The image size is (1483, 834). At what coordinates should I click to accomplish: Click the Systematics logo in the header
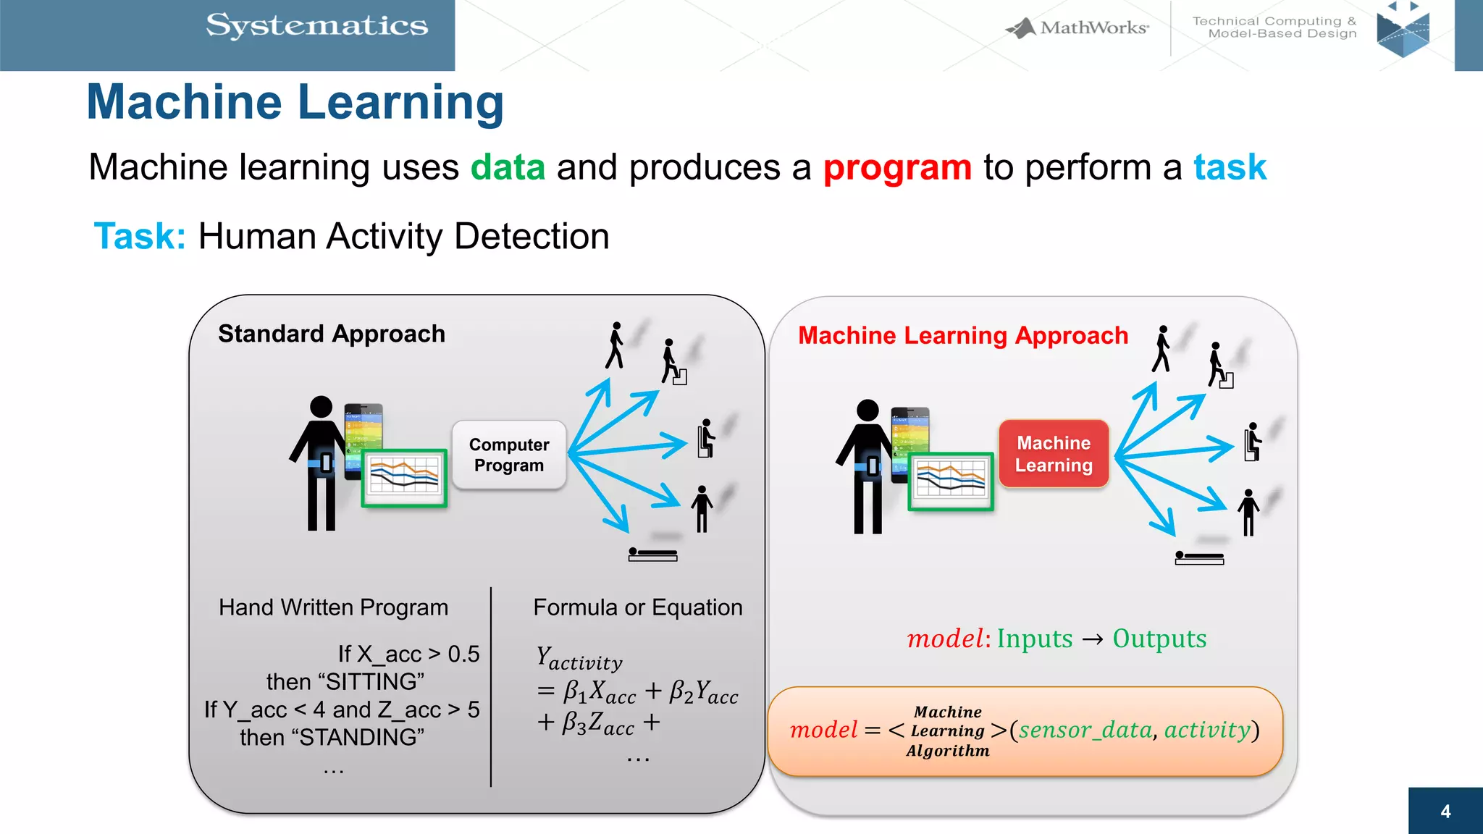pos(316,26)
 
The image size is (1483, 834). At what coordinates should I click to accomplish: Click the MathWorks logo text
pos(1093,28)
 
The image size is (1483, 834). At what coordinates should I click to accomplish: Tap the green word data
pos(508,167)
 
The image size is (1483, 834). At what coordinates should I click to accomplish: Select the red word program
pos(897,167)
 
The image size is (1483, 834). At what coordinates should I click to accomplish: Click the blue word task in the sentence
pos(1230,167)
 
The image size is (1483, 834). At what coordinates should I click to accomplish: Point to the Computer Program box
pos(508,455)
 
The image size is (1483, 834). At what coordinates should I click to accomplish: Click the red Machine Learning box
pos(1054,454)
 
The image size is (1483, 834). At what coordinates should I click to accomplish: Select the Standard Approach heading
pos(332,334)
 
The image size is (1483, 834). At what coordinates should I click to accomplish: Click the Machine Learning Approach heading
pos(963,336)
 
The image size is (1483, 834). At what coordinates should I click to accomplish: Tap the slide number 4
pos(1445,812)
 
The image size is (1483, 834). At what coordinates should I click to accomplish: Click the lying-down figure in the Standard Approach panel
pos(652,555)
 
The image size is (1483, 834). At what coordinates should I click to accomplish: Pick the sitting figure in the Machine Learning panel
pos(1252,442)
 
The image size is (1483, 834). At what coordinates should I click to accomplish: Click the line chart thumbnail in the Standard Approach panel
pos(404,477)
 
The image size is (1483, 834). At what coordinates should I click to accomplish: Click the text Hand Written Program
pos(333,607)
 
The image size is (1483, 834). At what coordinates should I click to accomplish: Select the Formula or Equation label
pos(638,607)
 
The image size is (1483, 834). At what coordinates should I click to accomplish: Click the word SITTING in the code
pos(371,682)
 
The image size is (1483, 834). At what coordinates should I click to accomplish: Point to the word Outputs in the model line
pos(1159,639)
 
